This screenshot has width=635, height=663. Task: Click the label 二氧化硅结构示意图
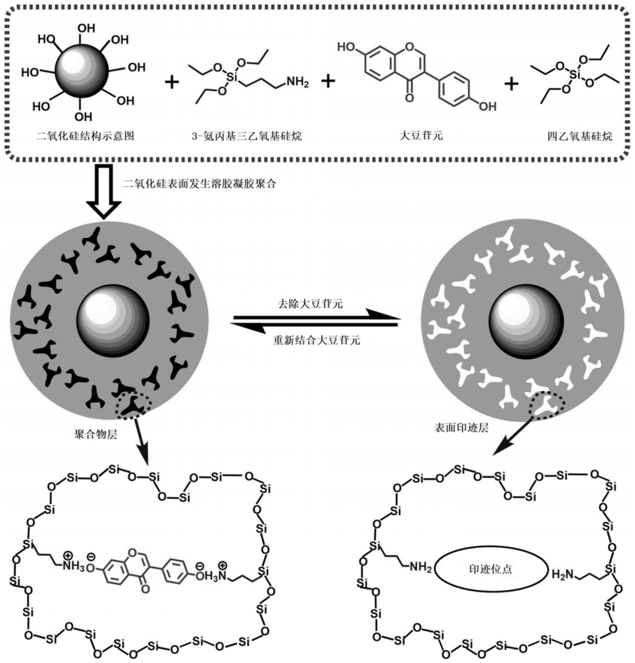click(85, 136)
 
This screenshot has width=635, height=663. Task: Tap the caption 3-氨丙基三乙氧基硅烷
click(246, 136)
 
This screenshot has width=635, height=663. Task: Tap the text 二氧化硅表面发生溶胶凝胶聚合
click(200, 184)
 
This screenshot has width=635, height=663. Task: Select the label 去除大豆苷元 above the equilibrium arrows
click(310, 304)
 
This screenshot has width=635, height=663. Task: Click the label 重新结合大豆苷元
click(316, 340)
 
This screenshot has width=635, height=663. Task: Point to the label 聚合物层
click(96, 434)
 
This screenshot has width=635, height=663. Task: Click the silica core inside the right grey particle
click(526, 321)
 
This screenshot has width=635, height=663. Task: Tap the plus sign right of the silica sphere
click(172, 82)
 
